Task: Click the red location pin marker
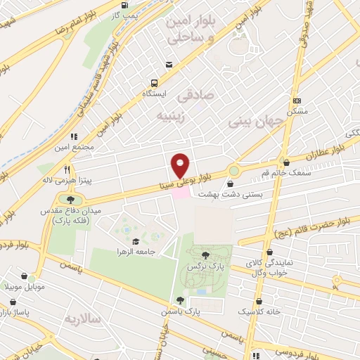click(x=181, y=166)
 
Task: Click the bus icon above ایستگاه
click(x=168, y=65)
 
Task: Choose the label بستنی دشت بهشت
click(x=232, y=193)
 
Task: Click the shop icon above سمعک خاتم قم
click(x=285, y=162)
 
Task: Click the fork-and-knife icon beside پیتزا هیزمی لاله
click(x=67, y=169)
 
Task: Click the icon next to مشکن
click(x=296, y=101)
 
